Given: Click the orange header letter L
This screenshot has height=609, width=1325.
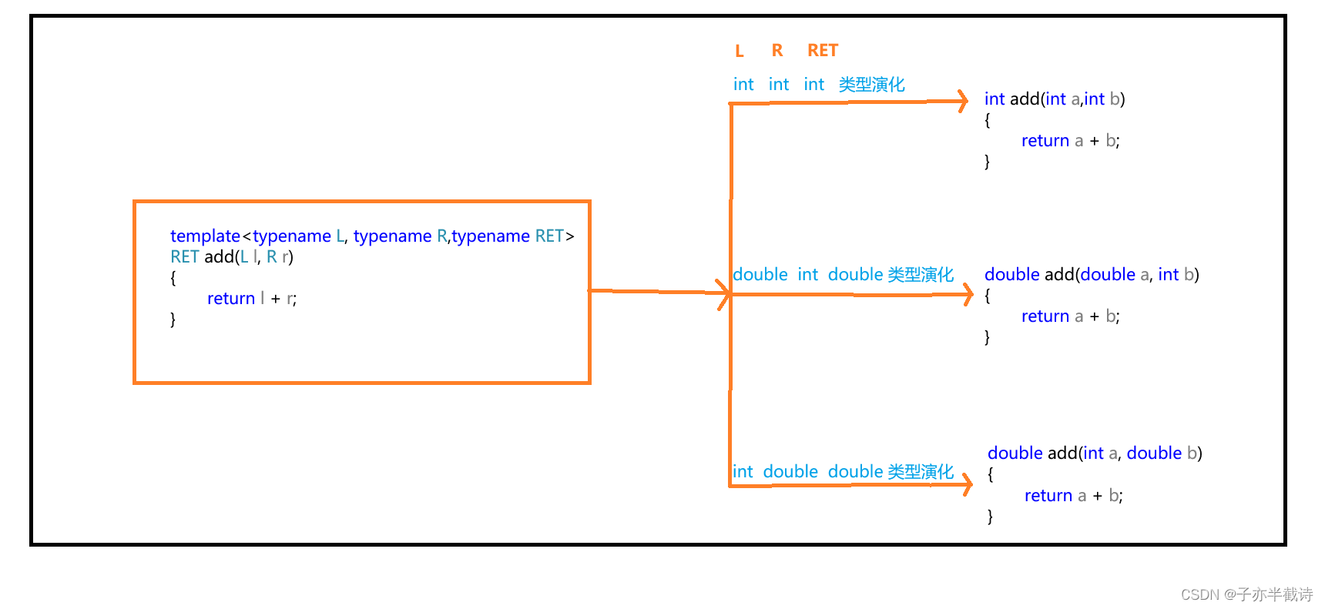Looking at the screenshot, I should tap(740, 52).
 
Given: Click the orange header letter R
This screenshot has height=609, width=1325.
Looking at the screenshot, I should tap(777, 51).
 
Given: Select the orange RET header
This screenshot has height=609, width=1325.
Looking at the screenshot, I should tap(822, 51).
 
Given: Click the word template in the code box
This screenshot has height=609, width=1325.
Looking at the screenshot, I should tap(205, 236).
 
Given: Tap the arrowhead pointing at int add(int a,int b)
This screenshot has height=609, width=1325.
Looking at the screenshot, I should tap(962, 101).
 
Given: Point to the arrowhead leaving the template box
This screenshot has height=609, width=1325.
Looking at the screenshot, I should tap(723, 293).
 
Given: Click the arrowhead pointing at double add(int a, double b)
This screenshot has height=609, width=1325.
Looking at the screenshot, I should tap(968, 484).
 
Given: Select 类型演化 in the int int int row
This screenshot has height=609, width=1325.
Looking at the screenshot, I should tap(871, 85).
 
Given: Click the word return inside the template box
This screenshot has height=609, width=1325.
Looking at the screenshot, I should tap(230, 299).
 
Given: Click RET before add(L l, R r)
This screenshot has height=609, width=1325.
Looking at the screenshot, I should tap(184, 257).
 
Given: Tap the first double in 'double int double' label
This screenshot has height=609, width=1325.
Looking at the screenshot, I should tap(760, 275).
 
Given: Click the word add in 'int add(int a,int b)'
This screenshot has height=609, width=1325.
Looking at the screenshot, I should tap(1025, 99).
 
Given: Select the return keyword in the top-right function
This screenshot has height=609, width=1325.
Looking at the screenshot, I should tap(1045, 141).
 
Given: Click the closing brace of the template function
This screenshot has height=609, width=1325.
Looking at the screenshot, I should tap(173, 320).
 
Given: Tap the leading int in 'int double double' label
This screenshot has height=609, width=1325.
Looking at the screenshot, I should tap(743, 472).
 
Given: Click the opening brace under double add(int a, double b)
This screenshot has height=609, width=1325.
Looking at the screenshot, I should tap(991, 475).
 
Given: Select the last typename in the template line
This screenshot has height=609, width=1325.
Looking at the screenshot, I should tap(491, 236).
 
